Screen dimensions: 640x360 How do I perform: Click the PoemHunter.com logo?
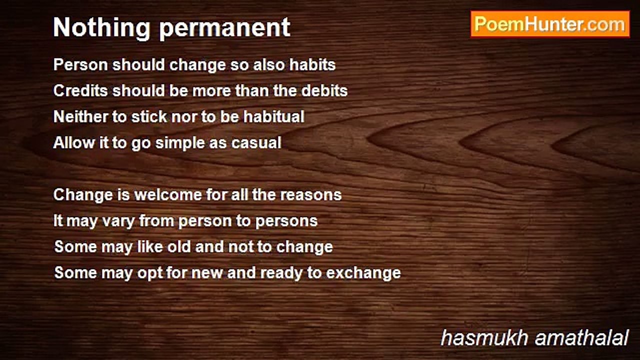click(550, 24)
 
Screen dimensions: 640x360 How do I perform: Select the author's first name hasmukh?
click(484, 337)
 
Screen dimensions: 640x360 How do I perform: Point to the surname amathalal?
click(581, 337)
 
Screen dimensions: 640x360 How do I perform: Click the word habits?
click(312, 64)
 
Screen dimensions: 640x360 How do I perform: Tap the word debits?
click(324, 90)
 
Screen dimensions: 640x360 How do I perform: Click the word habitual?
click(273, 116)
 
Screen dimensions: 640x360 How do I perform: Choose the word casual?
click(256, 142)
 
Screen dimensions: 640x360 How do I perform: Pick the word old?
click(179, 246)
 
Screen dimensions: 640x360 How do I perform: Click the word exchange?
click(363, 273)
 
